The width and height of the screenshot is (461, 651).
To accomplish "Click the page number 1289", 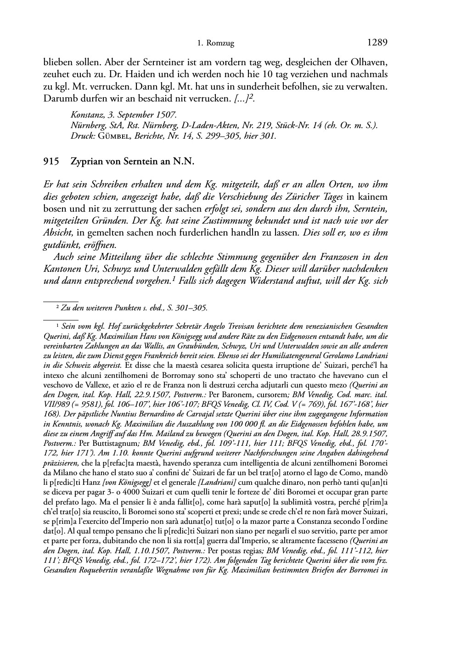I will [377, 43].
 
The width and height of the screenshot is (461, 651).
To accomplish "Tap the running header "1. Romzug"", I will [215, 44].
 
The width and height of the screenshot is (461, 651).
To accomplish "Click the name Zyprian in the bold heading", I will [85, 161].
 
